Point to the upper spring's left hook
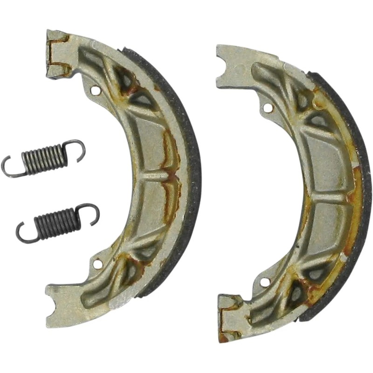[x=9, y=168]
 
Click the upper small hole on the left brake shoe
[x=97, y=90]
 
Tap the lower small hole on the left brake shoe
[x=97, y=264]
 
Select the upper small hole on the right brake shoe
[x=267, y=108]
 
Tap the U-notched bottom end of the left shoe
[x=60, y=303]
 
